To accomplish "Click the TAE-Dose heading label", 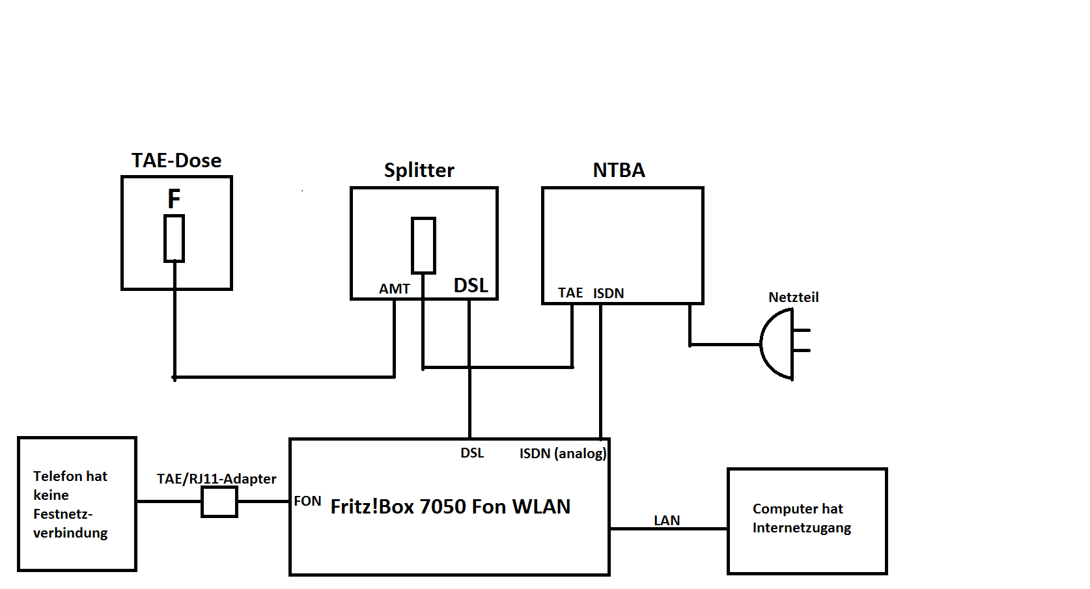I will pyautogui.click(x=176, y=161).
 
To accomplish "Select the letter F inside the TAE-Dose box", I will pyautogui.click(x=174, y=199).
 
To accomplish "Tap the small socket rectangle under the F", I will pyautogui.click(x=174, y=238).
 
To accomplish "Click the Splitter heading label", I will pyautogui.click(x=419, y=171).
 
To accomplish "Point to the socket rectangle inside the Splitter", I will pyautogui.click(x=423, y=245).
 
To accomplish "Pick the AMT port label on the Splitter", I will pyautogui.click(x=395, y=289).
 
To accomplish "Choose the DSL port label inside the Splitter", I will pyautogui.click(x=471, y=286).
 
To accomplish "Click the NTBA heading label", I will pyautogui.click(x=619, y=171).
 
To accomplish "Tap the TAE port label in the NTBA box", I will pyautogui.click(x=570, y=293).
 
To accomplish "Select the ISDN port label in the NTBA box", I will pyautogui.click(x=608, y=294).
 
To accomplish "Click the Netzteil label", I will pyautogui.click(x=793, y=297).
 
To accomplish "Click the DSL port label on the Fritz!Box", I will pyautogui.click(x=472, y=453).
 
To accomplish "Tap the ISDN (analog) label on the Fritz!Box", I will pyautogui.click(x=563, y=454).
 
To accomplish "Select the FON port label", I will pyautogui.click(x=307, y=501).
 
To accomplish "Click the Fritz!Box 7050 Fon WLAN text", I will pyautogui.click(x=450, y=506).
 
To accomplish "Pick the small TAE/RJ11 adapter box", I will pyautogui.click(x=219, y=502).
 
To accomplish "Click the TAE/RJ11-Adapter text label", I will pyautogui.click(x=216, y=479).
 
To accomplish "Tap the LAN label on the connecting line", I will pyautogui.click(x=667, y=521).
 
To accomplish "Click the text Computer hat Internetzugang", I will pyautogui.click(x=802, y=518).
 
